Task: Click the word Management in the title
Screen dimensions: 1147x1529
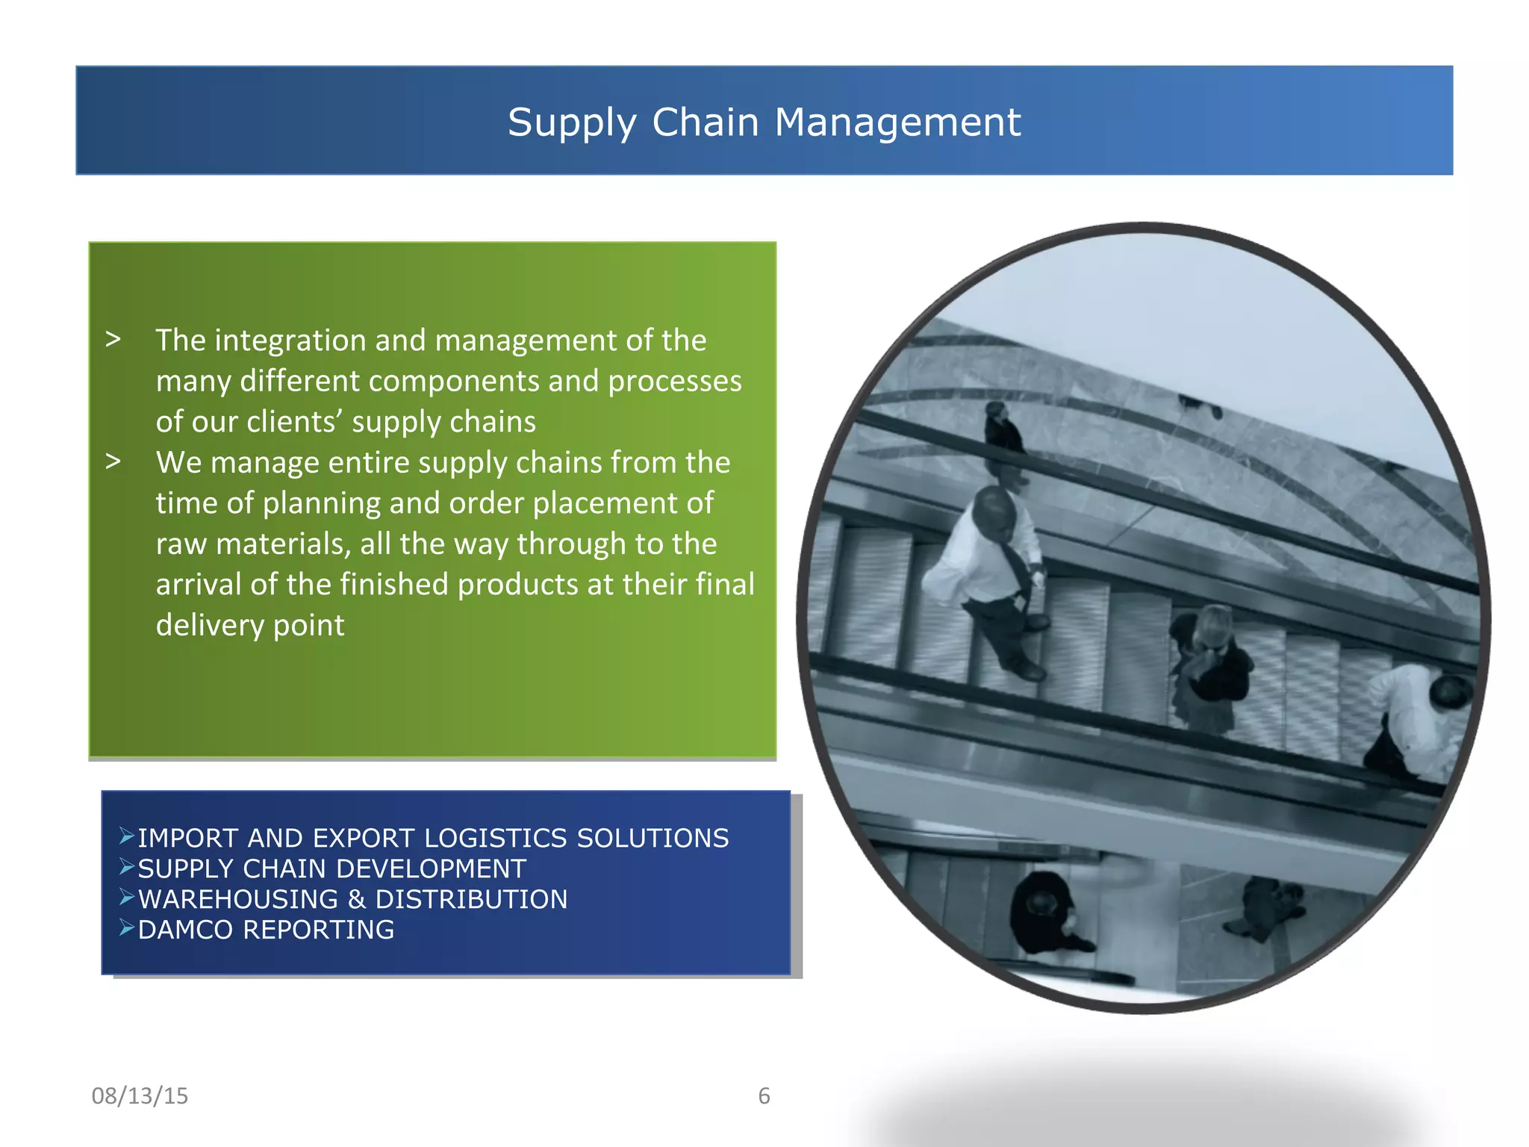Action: (x=897, y=122)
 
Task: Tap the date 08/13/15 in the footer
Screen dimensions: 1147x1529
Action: (x=140, y=1095)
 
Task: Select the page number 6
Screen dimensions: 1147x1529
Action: (x=764, y=1095)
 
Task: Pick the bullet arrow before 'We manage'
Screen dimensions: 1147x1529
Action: (x=113, y=461)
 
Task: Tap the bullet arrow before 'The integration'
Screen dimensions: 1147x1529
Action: (x=113, y=340)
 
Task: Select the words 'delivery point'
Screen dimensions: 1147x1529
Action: (x=250, y=625)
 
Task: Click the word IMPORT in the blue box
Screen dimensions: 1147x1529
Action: (x=187, y=839)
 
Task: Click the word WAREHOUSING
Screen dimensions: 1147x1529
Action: (x=238, y=899)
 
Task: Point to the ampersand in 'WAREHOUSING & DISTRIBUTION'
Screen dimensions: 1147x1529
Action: (x=357, y=899)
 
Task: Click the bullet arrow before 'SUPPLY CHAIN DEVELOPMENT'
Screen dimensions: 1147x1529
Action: (x=127, y=867)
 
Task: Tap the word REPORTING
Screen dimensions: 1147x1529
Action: (x=319, y=930)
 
